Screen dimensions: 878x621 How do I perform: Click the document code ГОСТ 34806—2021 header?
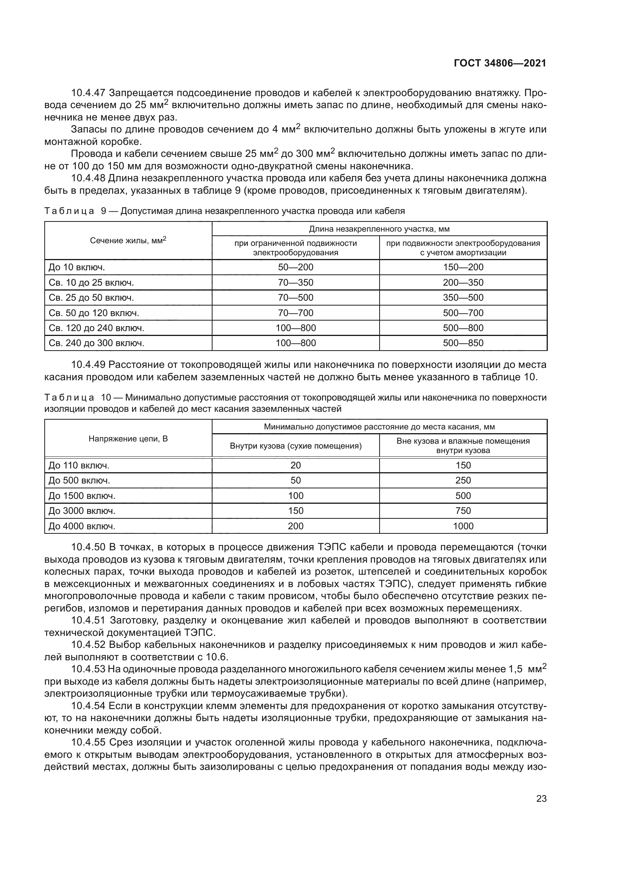(x=500, y=63)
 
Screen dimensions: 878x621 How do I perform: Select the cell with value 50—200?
(x=295, y=267)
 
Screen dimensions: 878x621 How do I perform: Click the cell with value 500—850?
(x=463, y=343)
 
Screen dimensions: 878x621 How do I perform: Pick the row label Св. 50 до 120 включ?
(x=94, y=313)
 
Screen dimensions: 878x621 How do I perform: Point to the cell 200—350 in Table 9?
(x=463, y=283)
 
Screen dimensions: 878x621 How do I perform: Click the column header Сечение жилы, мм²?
(x=128, y=241)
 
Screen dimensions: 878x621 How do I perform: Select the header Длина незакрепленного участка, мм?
(x=379, y=229)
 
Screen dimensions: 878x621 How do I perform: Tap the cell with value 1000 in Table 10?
(x=463, y=526)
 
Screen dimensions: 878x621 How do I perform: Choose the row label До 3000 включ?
(x=82, y=511)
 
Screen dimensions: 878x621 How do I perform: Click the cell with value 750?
(x=463, y=511)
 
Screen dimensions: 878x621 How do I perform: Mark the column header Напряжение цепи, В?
(x=128, y=438)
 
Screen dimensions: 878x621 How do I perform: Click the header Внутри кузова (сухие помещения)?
(x=295, y=446)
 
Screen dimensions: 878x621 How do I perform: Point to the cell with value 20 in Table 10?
(x=295, y=465)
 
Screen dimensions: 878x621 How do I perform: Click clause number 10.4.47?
(x=88, y=93)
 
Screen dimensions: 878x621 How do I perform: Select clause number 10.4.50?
(x=88, y=547)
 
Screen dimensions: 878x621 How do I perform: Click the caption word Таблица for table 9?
(x=69, y=211)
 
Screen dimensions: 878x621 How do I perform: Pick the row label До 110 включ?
(x=79, y=465)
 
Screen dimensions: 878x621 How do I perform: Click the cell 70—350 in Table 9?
(x=295, y=283)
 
